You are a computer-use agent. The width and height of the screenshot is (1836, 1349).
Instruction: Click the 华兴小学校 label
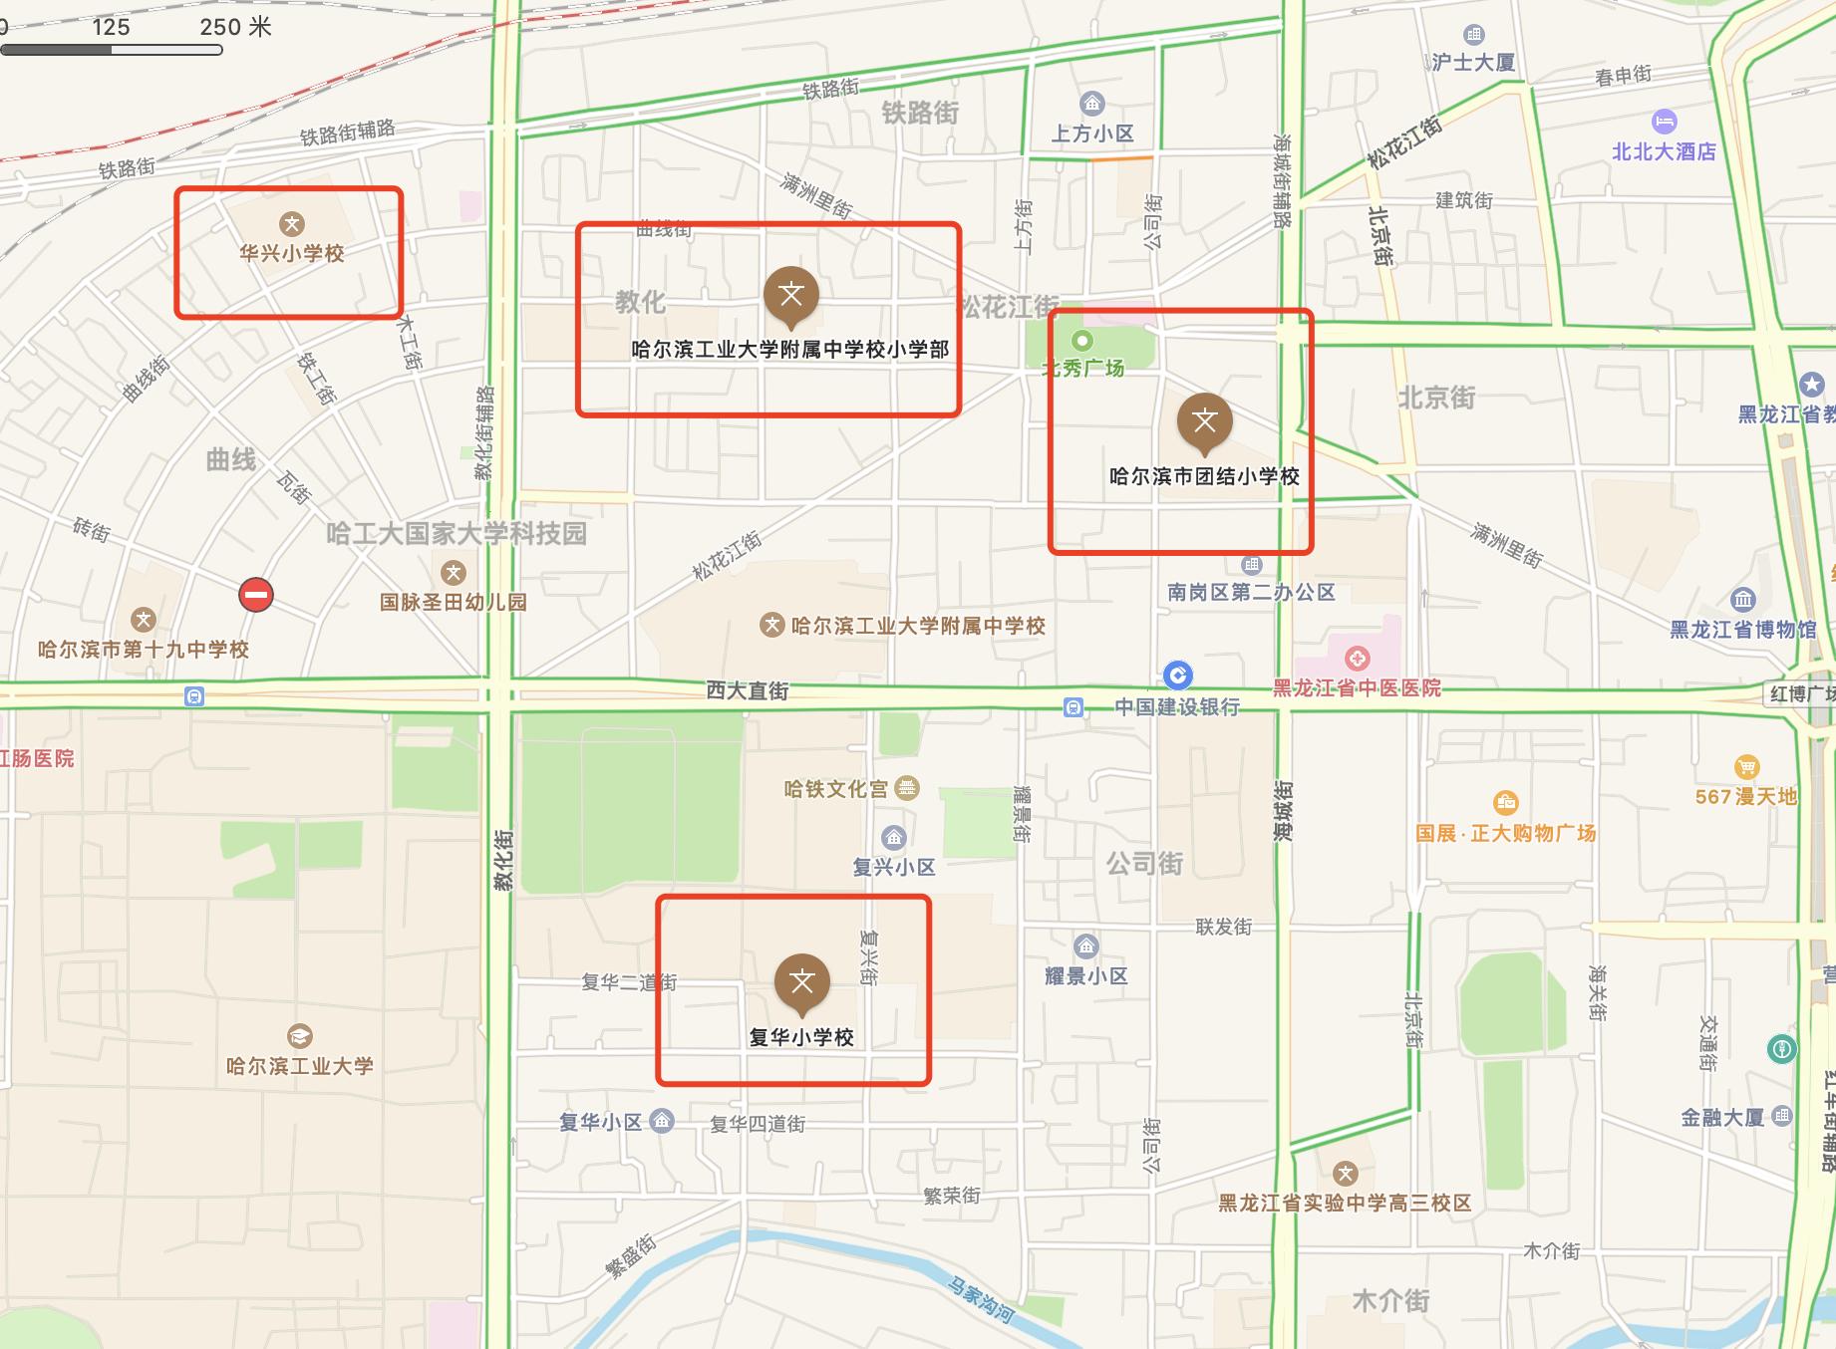coord(291,253)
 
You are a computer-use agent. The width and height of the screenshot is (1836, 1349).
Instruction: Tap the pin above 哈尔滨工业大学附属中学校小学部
coord(791,296)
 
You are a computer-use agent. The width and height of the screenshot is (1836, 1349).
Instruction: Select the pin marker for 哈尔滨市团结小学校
coord(1204,421)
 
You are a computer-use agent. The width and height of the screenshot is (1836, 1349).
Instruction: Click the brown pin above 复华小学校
coord(801,983)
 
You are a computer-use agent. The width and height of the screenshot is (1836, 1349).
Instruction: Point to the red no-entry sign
coord(256,596)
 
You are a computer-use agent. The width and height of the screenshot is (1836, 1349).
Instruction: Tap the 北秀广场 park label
coord(1082,368)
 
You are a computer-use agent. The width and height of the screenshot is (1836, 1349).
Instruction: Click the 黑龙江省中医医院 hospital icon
coord(1357,659)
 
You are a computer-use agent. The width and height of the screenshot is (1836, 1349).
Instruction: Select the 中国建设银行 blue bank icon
coord(1178,675)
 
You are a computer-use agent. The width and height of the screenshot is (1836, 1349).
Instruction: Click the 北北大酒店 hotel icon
coord(1664,123)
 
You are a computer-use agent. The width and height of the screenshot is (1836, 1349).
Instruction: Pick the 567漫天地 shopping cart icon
coord(1746,767)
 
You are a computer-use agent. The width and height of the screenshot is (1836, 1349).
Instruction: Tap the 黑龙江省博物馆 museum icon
coord(1742,600)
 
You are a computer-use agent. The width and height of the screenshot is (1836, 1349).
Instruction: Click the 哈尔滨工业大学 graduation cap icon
coord(299,1036)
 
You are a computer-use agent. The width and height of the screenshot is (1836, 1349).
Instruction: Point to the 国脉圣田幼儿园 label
coord(454,602)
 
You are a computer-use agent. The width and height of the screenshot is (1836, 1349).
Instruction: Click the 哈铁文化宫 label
coord(835,789)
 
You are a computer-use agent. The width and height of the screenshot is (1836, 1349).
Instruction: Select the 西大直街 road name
coord(748,690)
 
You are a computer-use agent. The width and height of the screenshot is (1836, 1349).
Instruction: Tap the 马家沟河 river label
coord(981,1301)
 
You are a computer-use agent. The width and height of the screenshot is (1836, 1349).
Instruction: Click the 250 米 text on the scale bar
coord(235,27)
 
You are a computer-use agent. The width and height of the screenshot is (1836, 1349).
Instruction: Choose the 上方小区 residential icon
coord(1092,104)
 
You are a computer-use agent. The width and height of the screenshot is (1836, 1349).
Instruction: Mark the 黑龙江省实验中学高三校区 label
coord(1345,1203)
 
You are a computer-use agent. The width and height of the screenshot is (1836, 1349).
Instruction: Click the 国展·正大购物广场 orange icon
coord(1505,802)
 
